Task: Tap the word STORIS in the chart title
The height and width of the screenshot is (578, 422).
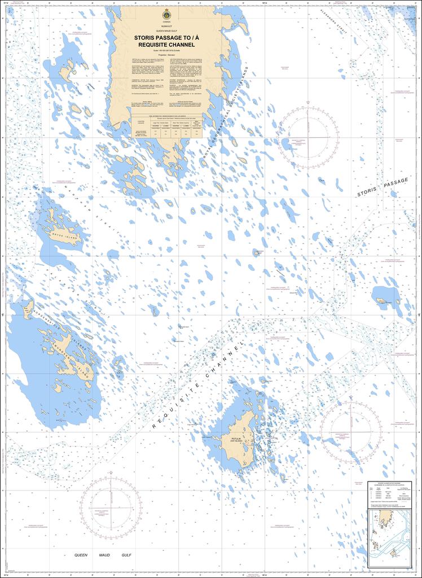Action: (x=148, y=38)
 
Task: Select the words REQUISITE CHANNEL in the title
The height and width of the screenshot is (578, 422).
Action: (x=162, y=45)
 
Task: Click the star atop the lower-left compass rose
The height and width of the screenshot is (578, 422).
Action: (x=111, y=472)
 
